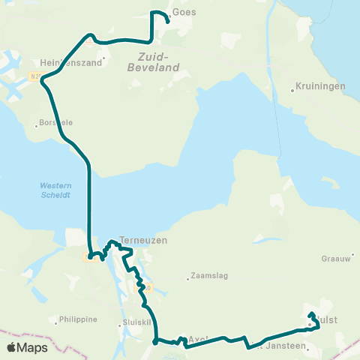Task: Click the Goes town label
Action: [x=184, y=13]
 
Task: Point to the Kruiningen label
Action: [x=320, y=86]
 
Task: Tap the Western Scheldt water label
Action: [x=54, y=190]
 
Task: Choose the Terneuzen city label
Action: [x=142, y=240]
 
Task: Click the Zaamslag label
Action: [x=207, y=274]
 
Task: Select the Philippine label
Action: [x=78, y=319]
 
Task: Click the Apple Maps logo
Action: [x=26, y=347]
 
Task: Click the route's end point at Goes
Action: [x=167, y=22]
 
